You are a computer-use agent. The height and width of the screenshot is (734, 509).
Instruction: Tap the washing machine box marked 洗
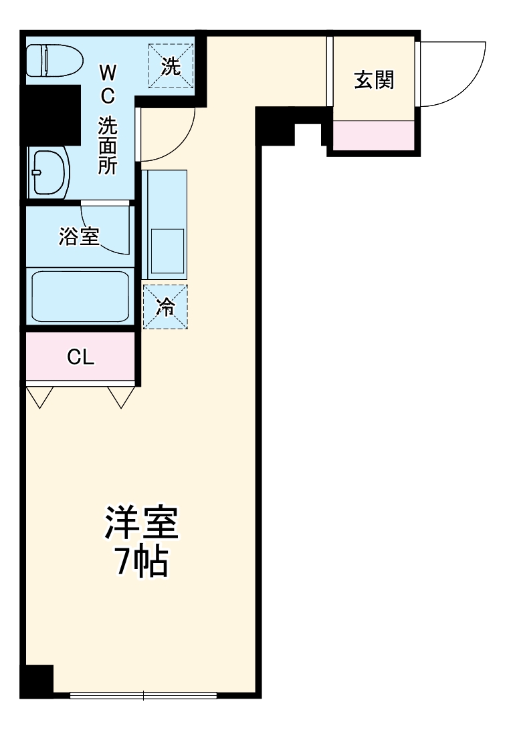click(171, 66)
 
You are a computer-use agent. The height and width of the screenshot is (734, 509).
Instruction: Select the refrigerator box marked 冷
click(165, 307)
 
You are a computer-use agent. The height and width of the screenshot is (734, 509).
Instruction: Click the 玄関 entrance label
click(374, 80)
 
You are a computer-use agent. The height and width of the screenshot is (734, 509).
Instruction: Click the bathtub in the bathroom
click(80, 297)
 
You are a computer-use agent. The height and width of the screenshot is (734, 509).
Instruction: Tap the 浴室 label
click(79, 236)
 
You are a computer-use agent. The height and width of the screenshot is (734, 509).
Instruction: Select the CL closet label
click(80, 357)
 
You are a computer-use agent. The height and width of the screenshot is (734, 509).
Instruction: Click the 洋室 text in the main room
click(141, 522)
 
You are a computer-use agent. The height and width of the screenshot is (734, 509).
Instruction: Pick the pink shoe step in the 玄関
click(373, 136)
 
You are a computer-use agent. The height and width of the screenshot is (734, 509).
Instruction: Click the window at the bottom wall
click(143, 695)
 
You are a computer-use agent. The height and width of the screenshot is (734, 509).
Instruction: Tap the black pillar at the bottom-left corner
click(37, 680)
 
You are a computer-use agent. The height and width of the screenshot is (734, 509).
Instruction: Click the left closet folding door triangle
click(39, 397)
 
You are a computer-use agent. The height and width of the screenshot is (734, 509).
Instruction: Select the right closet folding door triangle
click(122, 397)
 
